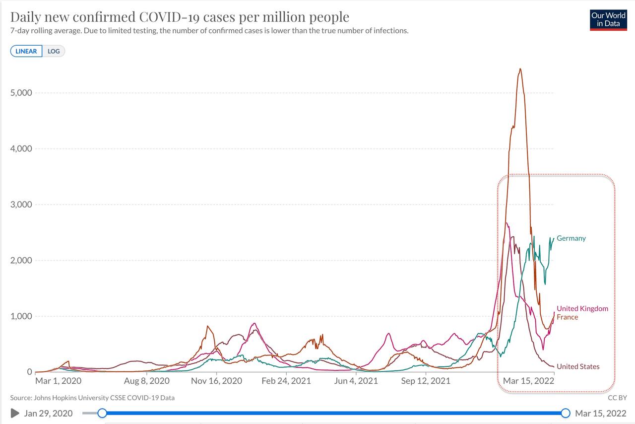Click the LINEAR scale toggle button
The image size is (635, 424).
click(26, 51)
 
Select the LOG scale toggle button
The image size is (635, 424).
click(54, 51)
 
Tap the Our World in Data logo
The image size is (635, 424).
click(608, 20)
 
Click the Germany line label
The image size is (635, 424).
click(571, 238)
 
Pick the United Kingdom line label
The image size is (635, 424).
click(582, 309)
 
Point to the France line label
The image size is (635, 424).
click(567, 317)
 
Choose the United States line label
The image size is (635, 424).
click(578, 367)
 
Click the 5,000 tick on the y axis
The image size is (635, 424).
click(21, 93)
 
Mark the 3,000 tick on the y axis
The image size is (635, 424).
click(21, 205)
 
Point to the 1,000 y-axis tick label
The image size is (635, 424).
click(21, 316)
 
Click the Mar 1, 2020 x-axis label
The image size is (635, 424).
click(58, 381)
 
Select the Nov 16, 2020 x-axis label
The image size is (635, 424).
click(216, 381)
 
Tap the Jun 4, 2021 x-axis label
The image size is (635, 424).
click(356, 381)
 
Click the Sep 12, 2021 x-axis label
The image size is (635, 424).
click(426, 381)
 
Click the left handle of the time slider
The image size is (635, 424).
click(102, 413)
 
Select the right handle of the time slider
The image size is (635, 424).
click(566, 413)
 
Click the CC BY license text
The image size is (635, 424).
click(617, 398)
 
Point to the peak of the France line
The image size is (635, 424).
click(520, 69)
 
